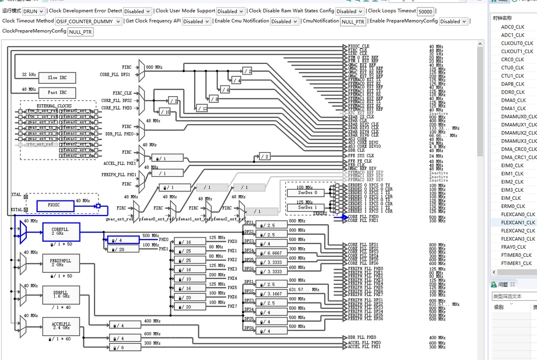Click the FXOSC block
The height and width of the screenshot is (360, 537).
pos(53,205)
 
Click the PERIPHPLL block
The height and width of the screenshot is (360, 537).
pos(60,264)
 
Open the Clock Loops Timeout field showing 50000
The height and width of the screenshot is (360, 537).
pos(425,11)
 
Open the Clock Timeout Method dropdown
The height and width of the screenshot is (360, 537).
pos(89,21)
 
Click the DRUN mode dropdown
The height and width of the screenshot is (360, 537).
pos(34,11)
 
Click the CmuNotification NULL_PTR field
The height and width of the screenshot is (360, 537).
pos(353,21)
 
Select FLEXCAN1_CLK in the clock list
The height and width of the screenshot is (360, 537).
pos(518,222)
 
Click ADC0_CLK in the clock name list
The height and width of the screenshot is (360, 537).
pos(512,27)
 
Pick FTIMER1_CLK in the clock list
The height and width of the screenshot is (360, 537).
pos(517,263)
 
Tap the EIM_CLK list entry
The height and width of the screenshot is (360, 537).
pos(511,198)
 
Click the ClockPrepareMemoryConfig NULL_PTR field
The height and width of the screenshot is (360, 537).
pos(81,32)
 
